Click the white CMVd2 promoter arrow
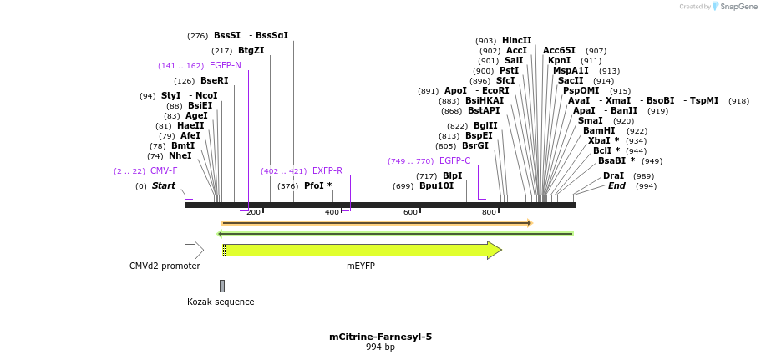tap(194, 250)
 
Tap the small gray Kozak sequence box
tap(222, 286)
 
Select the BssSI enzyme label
tap(226, 36)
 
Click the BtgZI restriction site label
tap(251, 51)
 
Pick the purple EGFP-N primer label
tap(225, 66)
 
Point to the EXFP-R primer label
tap(327, 171)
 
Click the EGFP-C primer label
tap(454, 161)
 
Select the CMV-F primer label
tap(164, 171)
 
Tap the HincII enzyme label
tap(516, 41)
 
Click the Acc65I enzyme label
tap(559, 51)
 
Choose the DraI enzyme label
tap(613, 176)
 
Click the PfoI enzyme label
tap(317, 186)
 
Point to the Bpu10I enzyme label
tap(436, 186)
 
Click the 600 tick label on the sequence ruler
tap(410, 213)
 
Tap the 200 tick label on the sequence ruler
tap(253, 213)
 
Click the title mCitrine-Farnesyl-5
tap(380, 337)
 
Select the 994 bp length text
tap(380, 347)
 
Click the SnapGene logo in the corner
tap(735, 7)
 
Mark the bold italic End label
tap(616, 186)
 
